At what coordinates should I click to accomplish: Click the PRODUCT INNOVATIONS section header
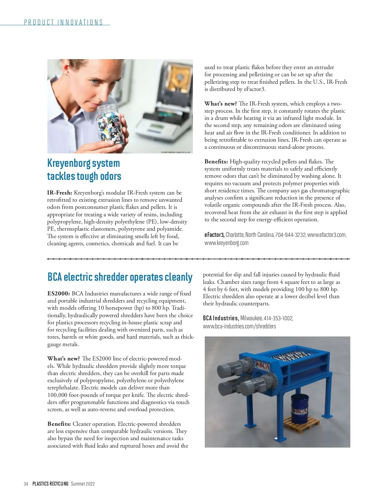(x=64, y=22)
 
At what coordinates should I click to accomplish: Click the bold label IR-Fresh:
(x=60, y=193)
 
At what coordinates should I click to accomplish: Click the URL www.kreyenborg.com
(x=226, y=243)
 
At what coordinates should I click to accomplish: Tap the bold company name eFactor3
(x=214, y=235)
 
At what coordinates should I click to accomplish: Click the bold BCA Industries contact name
(x=221, y=318)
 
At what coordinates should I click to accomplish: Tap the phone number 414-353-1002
(x=278, y=318)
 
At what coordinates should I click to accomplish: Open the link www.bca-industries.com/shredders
(x=239, y=326)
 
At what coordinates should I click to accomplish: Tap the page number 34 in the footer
(x=26, y=484)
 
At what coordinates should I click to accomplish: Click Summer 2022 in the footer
(x=83, y=484)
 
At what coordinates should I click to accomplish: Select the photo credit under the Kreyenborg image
(x=176, y=152)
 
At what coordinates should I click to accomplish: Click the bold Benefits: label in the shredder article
(x=59, y=424)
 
